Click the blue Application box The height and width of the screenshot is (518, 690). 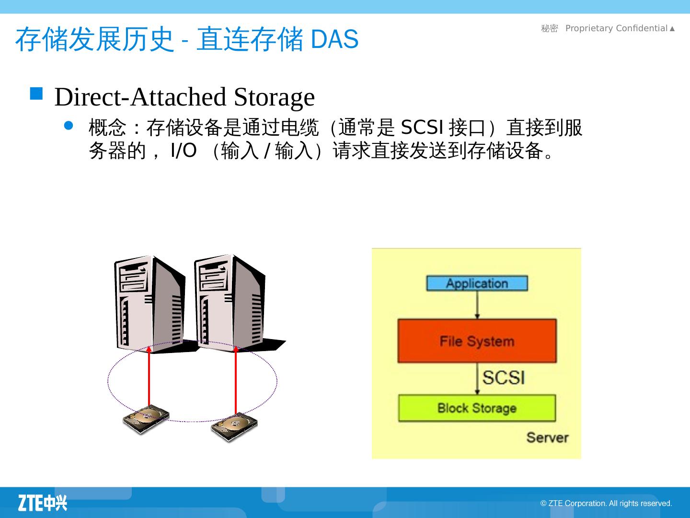click(x=477, y=283)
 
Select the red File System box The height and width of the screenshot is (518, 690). click(x=477, y=341)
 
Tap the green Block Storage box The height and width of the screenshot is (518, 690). click(x=477, y=408)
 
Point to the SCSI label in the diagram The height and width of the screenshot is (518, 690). click(x=504, y=377)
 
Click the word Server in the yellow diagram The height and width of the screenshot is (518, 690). click(x=547, y=437)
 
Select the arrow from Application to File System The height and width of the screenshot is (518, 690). click(x=477, y=305)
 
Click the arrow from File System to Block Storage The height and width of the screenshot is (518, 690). click(x=477, y=379)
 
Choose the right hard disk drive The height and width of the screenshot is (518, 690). click(x=234, y=426)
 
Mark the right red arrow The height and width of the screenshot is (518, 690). click(x=236, y=379)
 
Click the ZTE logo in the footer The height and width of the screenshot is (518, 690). click(x=43, y=503)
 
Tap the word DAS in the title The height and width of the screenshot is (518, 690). click(x=334, y=39)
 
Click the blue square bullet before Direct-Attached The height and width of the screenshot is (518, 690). click(x=36, y=93)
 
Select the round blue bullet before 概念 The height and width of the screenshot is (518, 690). click(x=69, y=126)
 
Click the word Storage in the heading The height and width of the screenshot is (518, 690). click(x=274, y=97)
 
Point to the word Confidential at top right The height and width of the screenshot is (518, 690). click(x=642, y=28)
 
